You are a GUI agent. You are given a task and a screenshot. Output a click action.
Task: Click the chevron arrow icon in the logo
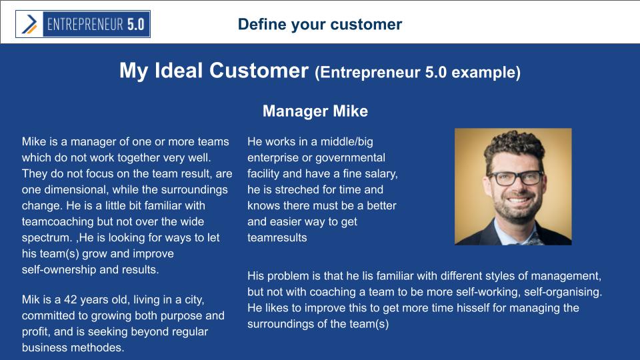pyautogui.click(x=29, y=24)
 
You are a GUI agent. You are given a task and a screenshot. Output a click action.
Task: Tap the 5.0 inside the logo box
pyautogui.click(x=135, y=25)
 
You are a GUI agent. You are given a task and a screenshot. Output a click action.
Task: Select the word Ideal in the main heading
pyautogui.click(x=179, y=70)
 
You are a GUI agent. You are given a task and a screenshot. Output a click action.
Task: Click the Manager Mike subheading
pyautogui.click(x=315, y=111)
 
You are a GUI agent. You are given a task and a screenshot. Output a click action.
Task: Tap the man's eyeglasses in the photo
pyautogui.click(x=515, y=178)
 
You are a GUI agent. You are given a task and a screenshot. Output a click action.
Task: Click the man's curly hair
pyautogui.click(x=514, y=146)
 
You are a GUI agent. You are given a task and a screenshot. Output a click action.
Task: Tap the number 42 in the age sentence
pyautogui.click(x=70, y=299)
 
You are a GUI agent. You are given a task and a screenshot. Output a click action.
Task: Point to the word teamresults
pyautogui.click(x=277, y=237)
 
